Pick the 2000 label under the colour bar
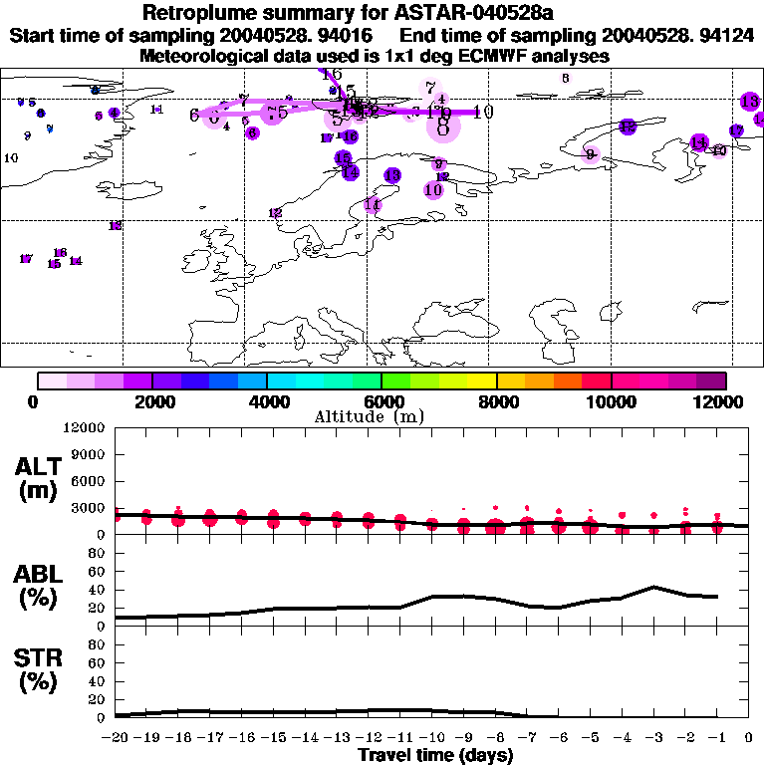coord(152,402)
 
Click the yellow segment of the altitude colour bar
coord(483,381)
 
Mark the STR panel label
coord(38,669)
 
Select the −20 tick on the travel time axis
coord(115,737)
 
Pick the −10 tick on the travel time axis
coord(431,737)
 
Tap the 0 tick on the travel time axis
coord(749,737)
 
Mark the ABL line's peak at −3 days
coord(653,587)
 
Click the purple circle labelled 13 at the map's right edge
coord(750,101)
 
